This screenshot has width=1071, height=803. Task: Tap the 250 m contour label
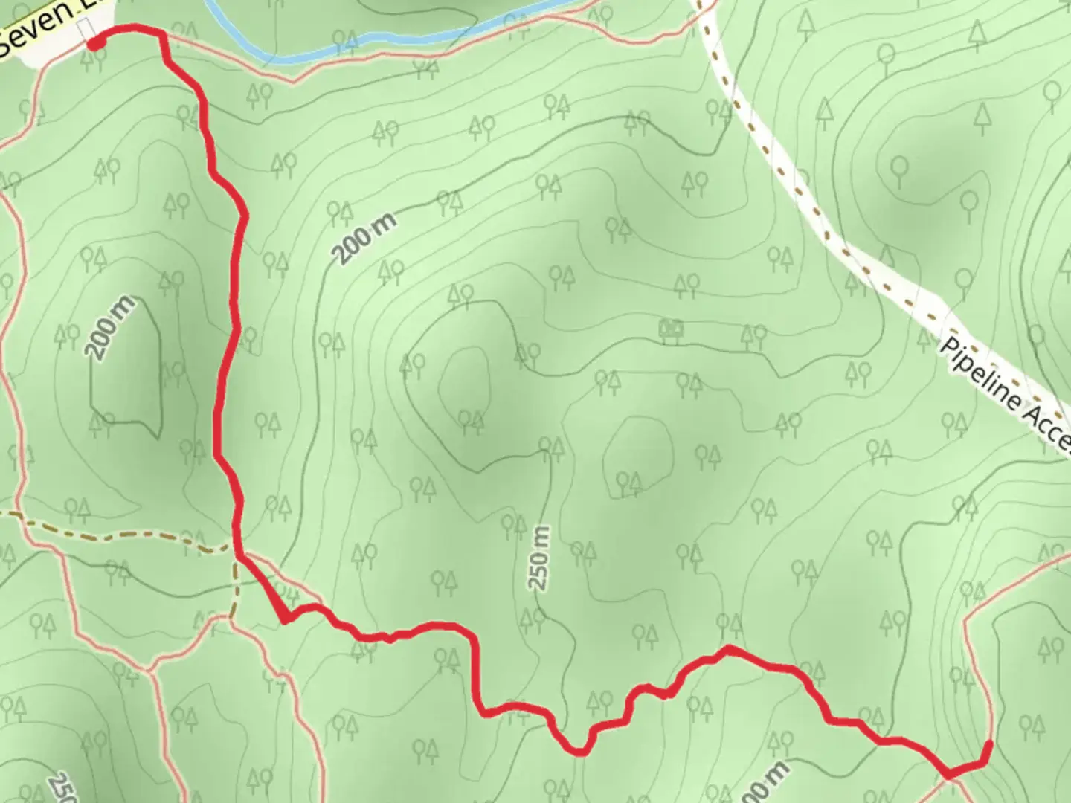541,558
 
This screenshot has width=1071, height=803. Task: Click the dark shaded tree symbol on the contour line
672,329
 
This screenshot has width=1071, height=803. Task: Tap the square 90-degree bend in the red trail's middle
471,636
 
